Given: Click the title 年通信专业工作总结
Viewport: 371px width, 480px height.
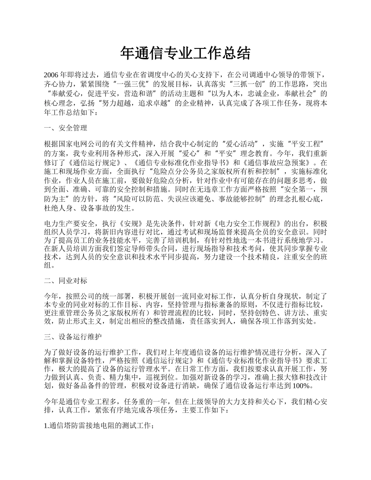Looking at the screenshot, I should [x=185, y=53].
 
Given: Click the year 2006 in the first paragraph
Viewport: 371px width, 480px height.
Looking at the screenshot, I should [x=52, y=75].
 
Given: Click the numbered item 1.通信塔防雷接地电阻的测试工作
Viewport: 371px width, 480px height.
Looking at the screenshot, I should [x=99, y=426].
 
